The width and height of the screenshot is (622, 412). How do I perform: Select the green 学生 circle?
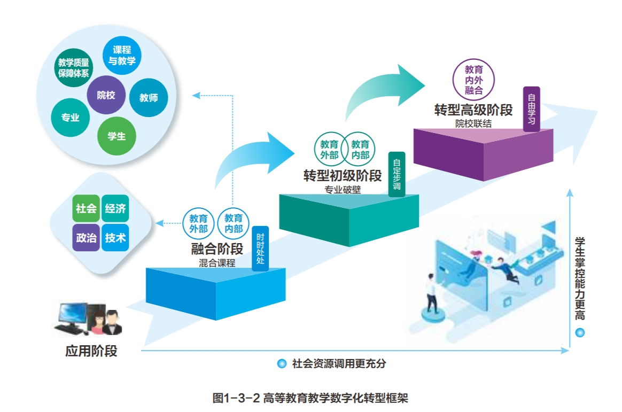tap(116, 136)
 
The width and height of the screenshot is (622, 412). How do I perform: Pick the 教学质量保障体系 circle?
tap(73, 68)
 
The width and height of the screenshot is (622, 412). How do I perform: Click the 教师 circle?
tap(148, 98)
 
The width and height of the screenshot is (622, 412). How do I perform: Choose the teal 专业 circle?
tap(70, 118)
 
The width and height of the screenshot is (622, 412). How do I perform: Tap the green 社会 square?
tap(86, 209)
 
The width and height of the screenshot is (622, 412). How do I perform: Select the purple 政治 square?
tap(86, 238)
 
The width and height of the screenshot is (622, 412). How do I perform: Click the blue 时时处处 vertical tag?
tap(260, 248)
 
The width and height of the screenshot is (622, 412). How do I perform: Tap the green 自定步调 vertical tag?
tap(396, 175)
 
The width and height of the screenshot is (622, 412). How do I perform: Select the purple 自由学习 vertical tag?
tap(532, 108)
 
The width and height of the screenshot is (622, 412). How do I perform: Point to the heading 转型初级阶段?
tap(343, 176)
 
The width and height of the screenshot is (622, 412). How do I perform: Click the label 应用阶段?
tap(91, 352)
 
